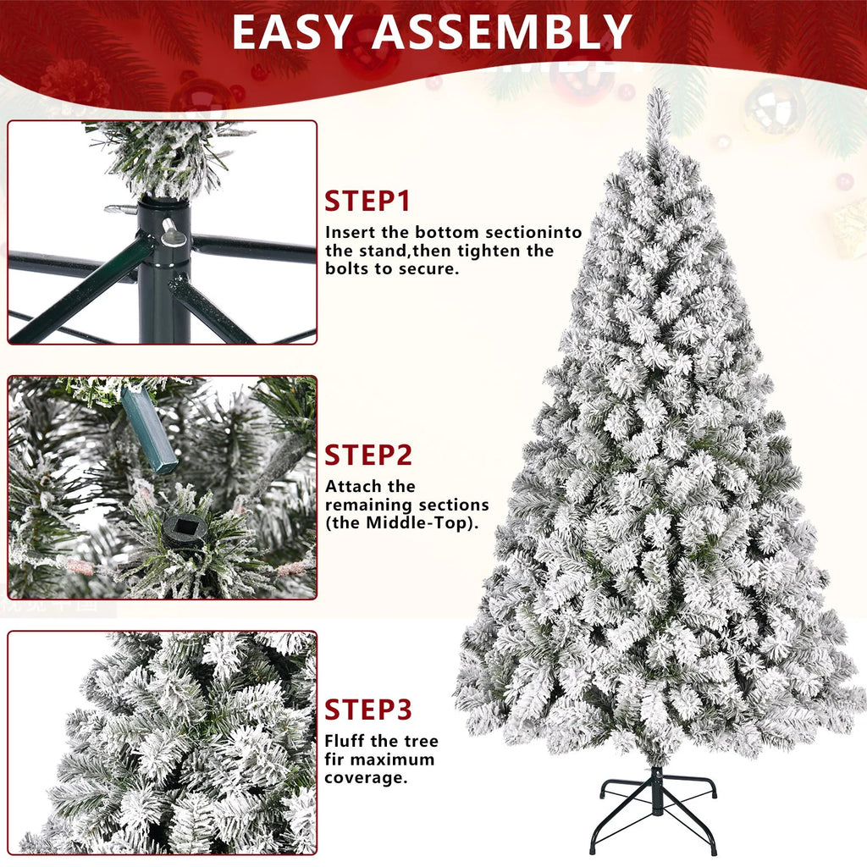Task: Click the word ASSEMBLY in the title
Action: (x=502, y=32)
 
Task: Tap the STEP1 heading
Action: (x=367, y=202)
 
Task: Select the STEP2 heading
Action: (x=368, y=455)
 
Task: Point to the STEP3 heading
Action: (x=368, y=709)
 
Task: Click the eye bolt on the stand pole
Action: (x=174, y=232)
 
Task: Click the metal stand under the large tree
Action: (x=654, y=804)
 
